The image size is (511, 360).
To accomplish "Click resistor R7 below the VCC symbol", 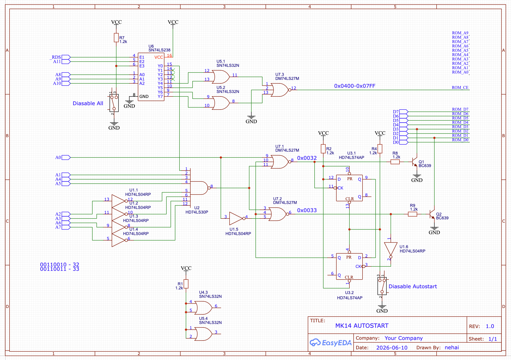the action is [116, 38].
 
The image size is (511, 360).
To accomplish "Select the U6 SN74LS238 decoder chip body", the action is [151, 77].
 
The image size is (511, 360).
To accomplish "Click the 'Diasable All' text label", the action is [88, 103].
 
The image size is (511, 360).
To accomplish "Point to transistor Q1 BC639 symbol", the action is [415, 162].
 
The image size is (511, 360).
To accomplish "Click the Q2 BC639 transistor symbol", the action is [432, 214].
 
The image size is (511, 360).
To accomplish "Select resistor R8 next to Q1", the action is [395, 162].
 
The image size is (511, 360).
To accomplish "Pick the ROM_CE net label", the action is [460, 87].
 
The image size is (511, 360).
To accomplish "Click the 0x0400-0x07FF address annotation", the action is [355, 86].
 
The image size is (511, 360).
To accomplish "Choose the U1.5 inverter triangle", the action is [236, 218].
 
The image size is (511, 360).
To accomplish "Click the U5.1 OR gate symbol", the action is [221, 77].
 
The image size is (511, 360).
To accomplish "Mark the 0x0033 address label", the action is [307, 210].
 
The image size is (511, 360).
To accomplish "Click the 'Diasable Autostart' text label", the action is [413, 286].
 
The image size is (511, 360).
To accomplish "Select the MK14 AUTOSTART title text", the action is [362, 326].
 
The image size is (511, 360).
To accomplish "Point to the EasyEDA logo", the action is [331, 343].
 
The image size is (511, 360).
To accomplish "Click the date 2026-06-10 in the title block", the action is [392, 348].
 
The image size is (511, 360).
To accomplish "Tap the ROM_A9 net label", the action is [460, 33].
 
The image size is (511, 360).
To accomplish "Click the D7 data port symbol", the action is [404, 112].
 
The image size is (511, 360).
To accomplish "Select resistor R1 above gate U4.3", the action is [186, 284].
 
